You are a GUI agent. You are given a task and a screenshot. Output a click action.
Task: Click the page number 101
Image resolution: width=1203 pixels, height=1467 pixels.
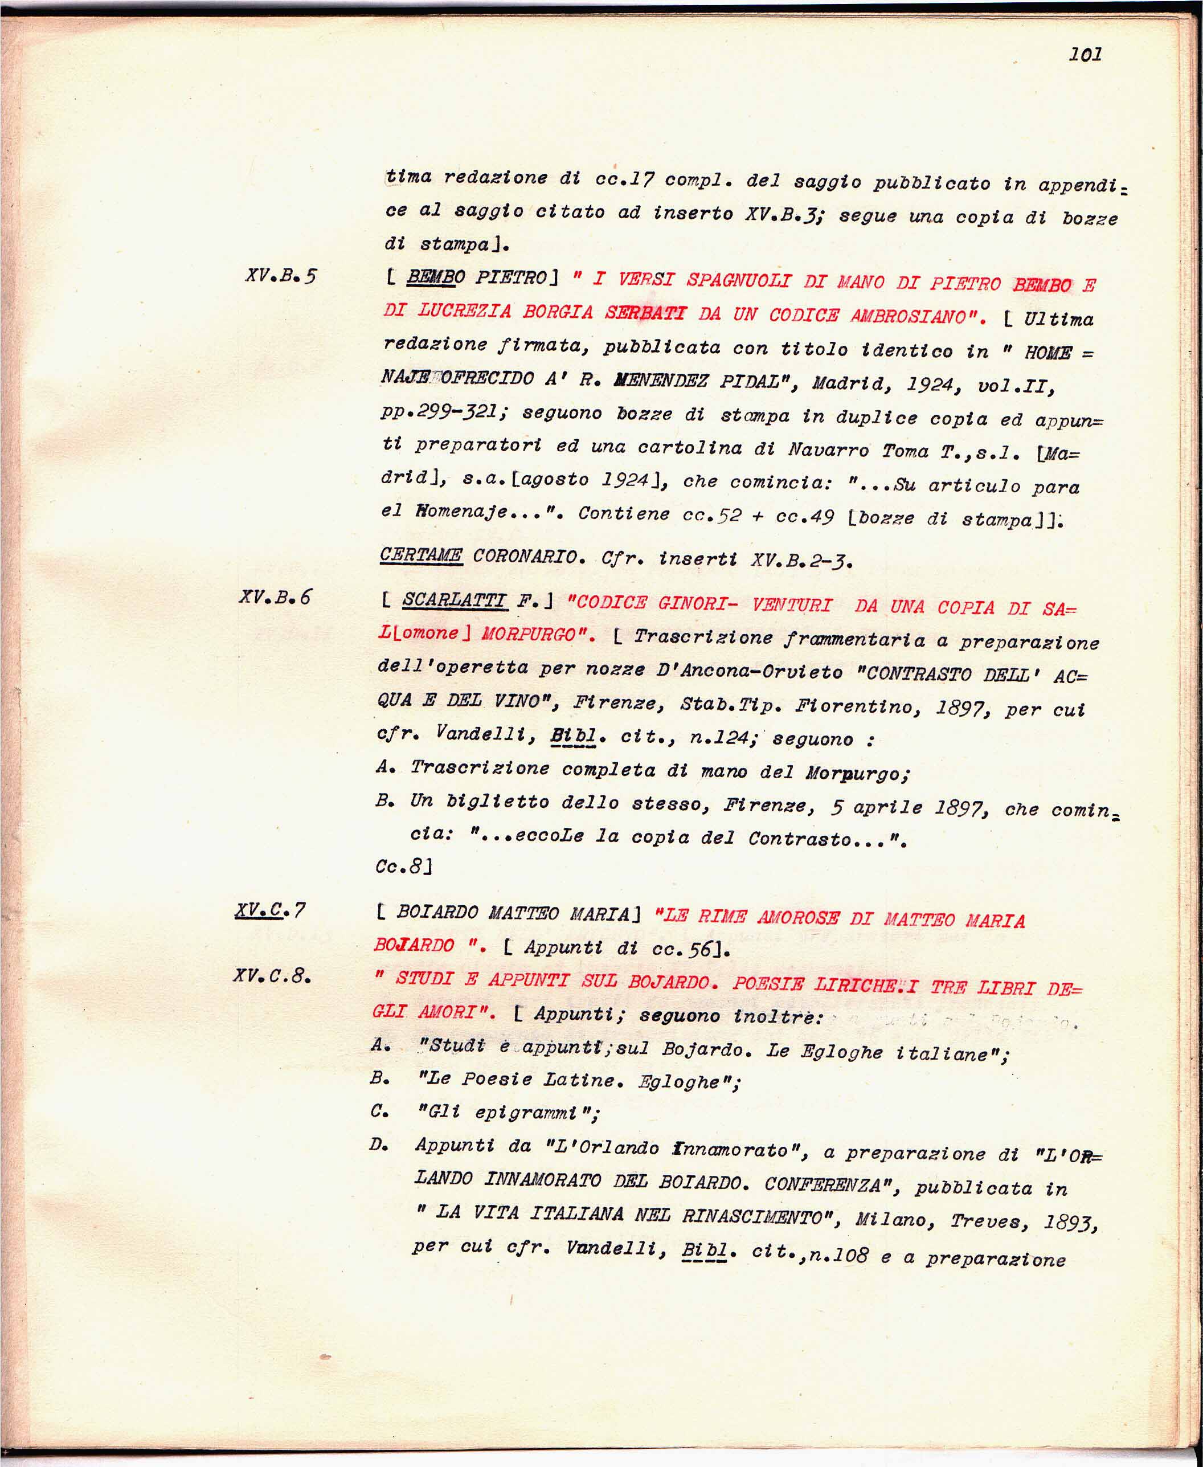pyautogui.click(x=1085, y=54)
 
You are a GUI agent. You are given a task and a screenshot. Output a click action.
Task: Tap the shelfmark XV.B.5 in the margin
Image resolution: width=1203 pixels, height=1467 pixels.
pyautogui.click(x=281, y=276)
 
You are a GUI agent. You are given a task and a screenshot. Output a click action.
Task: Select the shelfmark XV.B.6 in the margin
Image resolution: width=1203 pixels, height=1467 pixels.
pyautogui.click(x=275, y=596)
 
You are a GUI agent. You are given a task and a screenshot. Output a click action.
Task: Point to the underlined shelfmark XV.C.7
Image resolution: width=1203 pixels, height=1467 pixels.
pyautogui.click(x=269, y=910)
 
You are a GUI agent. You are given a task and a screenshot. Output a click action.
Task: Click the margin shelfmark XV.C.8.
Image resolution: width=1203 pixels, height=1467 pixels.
pyautogui.click(x=271, y=976)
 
